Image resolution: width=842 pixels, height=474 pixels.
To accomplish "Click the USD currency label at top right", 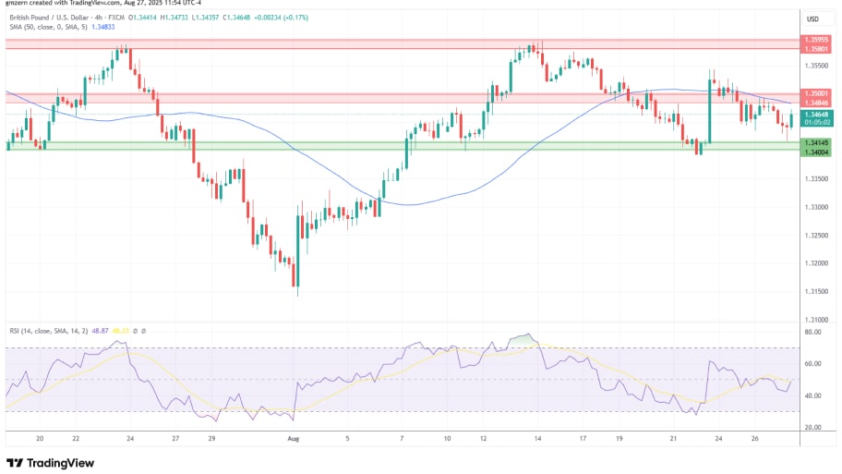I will coord(812,18).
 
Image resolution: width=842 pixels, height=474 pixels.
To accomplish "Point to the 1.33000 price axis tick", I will coord(815,207).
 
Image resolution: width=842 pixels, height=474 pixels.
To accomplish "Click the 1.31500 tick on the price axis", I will coord(815,292).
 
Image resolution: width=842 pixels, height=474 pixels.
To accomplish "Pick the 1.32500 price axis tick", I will coord(815,236).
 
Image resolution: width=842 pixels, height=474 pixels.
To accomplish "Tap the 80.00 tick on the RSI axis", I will coord(812,332).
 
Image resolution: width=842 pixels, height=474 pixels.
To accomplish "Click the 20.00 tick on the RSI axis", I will coord(812,428).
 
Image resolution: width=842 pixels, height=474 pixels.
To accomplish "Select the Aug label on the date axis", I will coord(293,440).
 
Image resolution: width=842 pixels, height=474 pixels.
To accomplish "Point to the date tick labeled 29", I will coord(211,440).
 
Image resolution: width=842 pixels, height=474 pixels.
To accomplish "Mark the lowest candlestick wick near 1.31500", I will coord(296,294).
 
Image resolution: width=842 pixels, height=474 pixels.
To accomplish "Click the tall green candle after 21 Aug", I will coord(709,111).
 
